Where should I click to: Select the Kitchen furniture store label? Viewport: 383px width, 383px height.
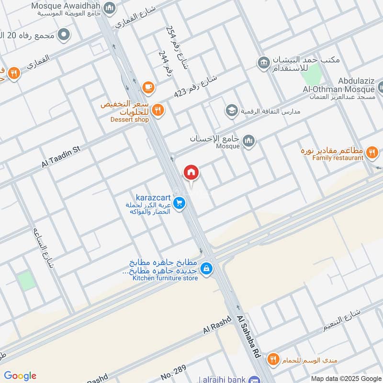point(165,278)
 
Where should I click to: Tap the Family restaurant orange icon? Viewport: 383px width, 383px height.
point(372,153)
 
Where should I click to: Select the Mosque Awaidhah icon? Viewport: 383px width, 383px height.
point(110,8)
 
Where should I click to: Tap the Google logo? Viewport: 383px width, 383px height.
point(20,375)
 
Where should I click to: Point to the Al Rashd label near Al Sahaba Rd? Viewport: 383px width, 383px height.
point(217,325)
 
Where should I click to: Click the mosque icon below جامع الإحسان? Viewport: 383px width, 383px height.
point(248,140)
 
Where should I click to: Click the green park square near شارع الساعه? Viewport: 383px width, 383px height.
point(27,280)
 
